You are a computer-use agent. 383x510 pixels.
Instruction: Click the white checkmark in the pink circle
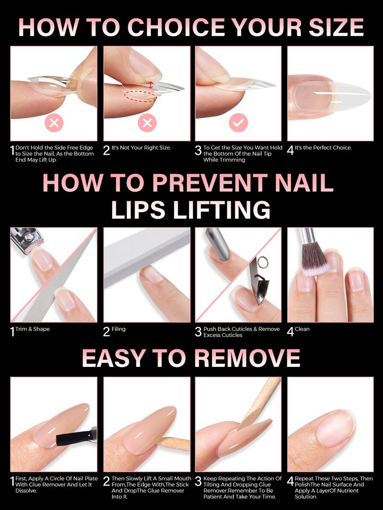238,123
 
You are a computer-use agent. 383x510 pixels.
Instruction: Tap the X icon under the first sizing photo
54,123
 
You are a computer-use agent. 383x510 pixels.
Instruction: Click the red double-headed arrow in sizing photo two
151,85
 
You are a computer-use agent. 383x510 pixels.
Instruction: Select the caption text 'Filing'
118,329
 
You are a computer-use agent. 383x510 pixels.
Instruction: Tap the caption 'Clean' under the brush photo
302,329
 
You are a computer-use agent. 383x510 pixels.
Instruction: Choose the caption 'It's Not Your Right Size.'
141,148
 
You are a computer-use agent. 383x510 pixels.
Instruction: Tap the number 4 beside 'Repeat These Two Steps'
290,482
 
